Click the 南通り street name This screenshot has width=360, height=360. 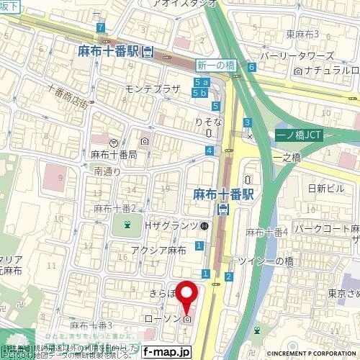[x=107, y=172]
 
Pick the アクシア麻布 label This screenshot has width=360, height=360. [x=158, y=250]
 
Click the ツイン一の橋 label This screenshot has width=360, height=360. [x=268, y=262]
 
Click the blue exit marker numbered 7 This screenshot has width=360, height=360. [x=100, y=27]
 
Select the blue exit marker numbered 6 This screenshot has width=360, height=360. [x=251, y=67]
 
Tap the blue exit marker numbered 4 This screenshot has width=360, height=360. [x=209, y=150]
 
